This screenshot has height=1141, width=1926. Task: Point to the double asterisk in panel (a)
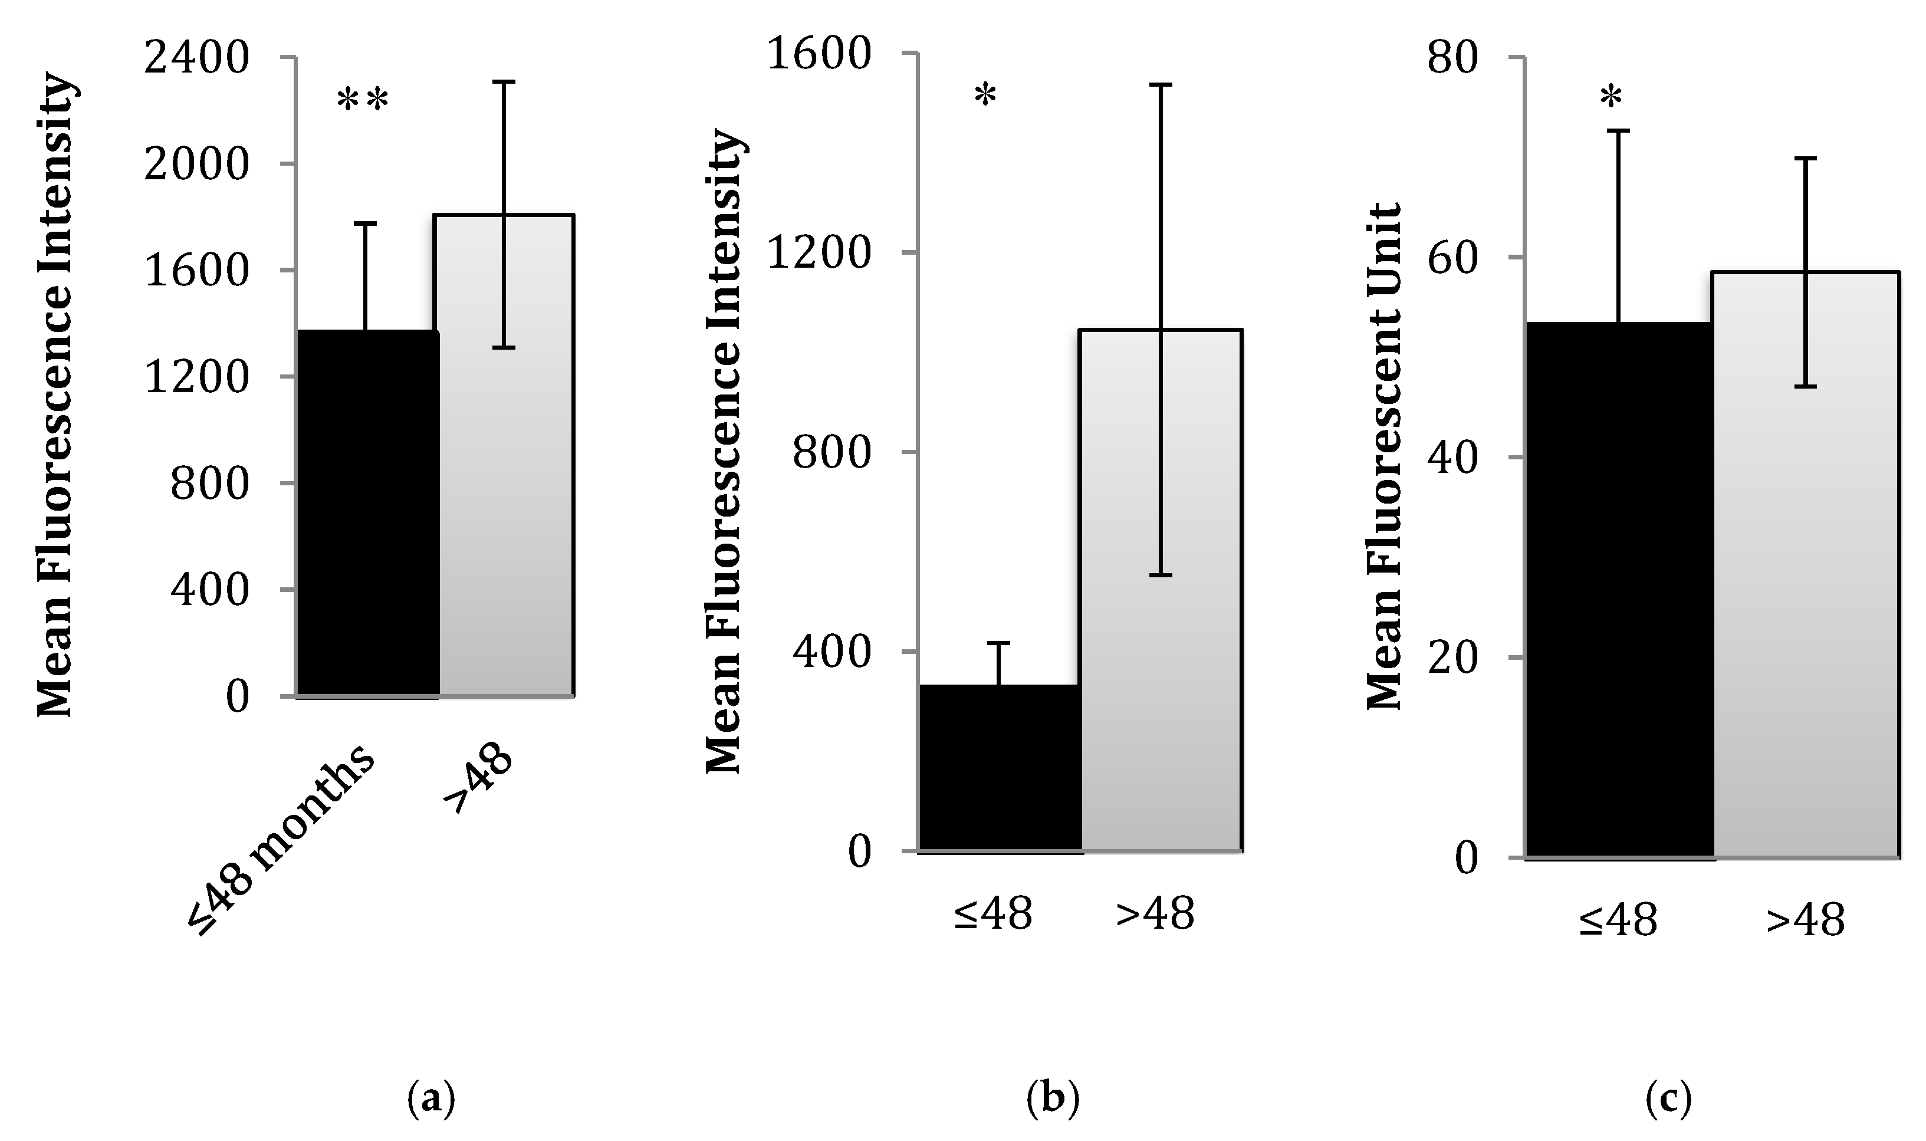(x=362, y=102)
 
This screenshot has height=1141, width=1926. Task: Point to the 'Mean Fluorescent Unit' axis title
(x=1385, y=457)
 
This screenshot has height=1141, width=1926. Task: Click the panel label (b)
(x=1053, y=1100)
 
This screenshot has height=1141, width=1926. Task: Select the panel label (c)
(x=1668, y=1100)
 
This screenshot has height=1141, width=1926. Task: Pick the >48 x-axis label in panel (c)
(x=1805, y=919)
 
